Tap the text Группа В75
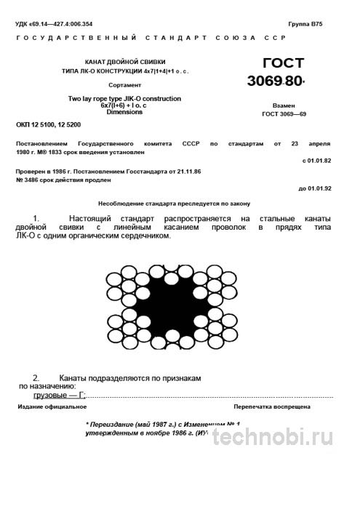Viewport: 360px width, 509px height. (305, 24)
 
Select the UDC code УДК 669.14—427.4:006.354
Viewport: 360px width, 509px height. (63, 24)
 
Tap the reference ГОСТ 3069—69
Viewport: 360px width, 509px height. (284, 114)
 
